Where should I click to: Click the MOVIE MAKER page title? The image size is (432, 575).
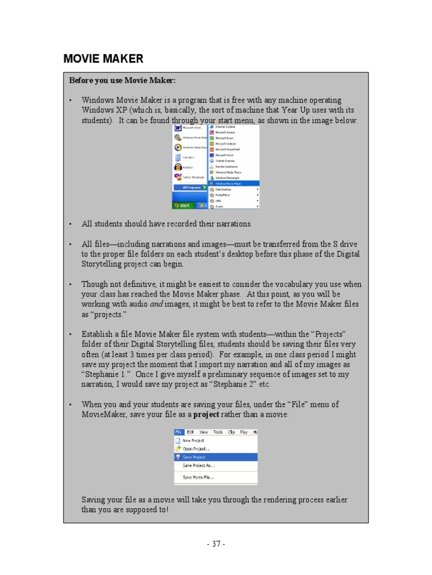[103, 59]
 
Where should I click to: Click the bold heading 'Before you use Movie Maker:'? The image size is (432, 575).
[122, 81]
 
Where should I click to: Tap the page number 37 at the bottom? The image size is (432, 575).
[216, 544]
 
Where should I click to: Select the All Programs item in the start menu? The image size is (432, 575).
[188, 187]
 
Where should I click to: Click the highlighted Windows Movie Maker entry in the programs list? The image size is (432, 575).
[233, 183]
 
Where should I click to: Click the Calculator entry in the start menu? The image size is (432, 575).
[188, 157]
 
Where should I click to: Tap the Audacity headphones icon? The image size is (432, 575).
[177, 167]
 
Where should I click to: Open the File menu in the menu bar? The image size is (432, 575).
[178, 432]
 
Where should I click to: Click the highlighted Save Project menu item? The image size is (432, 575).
[193, 457]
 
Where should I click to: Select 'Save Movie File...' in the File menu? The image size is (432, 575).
[198, 477]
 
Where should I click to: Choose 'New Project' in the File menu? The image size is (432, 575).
[193, 441]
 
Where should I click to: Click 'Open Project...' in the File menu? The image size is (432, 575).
[195, 449]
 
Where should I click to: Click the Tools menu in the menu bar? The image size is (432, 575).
[218, 432]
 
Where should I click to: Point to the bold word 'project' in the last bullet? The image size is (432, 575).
[206, 414]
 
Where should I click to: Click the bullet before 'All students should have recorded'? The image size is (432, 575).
[71, 224]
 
